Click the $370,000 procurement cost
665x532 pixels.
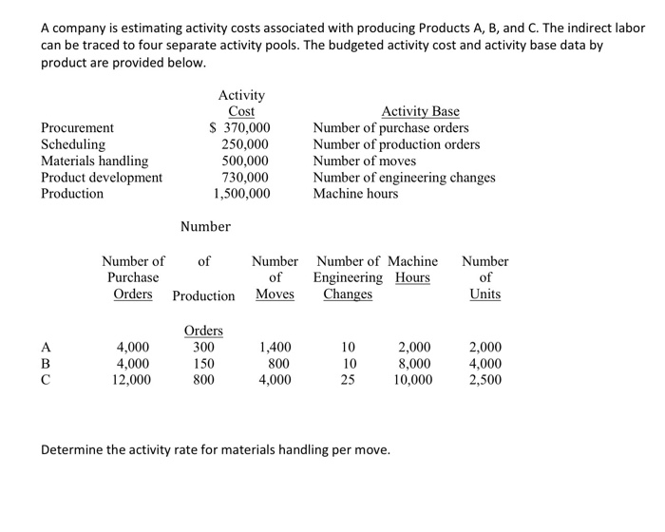[239, 127]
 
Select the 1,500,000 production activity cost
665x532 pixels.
[241, 193]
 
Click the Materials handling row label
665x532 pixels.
[94, 161]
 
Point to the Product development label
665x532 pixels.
[102, 177]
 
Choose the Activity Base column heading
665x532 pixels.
[420, 111]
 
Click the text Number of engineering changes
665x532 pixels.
[404, 177]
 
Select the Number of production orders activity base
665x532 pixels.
[396, 144]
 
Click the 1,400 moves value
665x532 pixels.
[275, 348]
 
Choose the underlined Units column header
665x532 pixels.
[484, 294]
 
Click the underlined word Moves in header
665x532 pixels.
[275, 294]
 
